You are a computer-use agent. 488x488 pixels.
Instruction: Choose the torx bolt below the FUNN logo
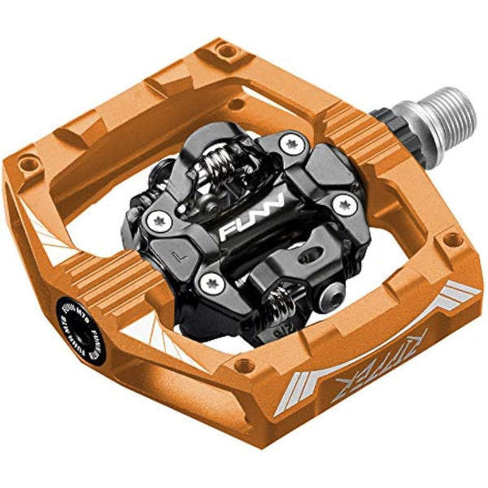[x=213, y=282]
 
